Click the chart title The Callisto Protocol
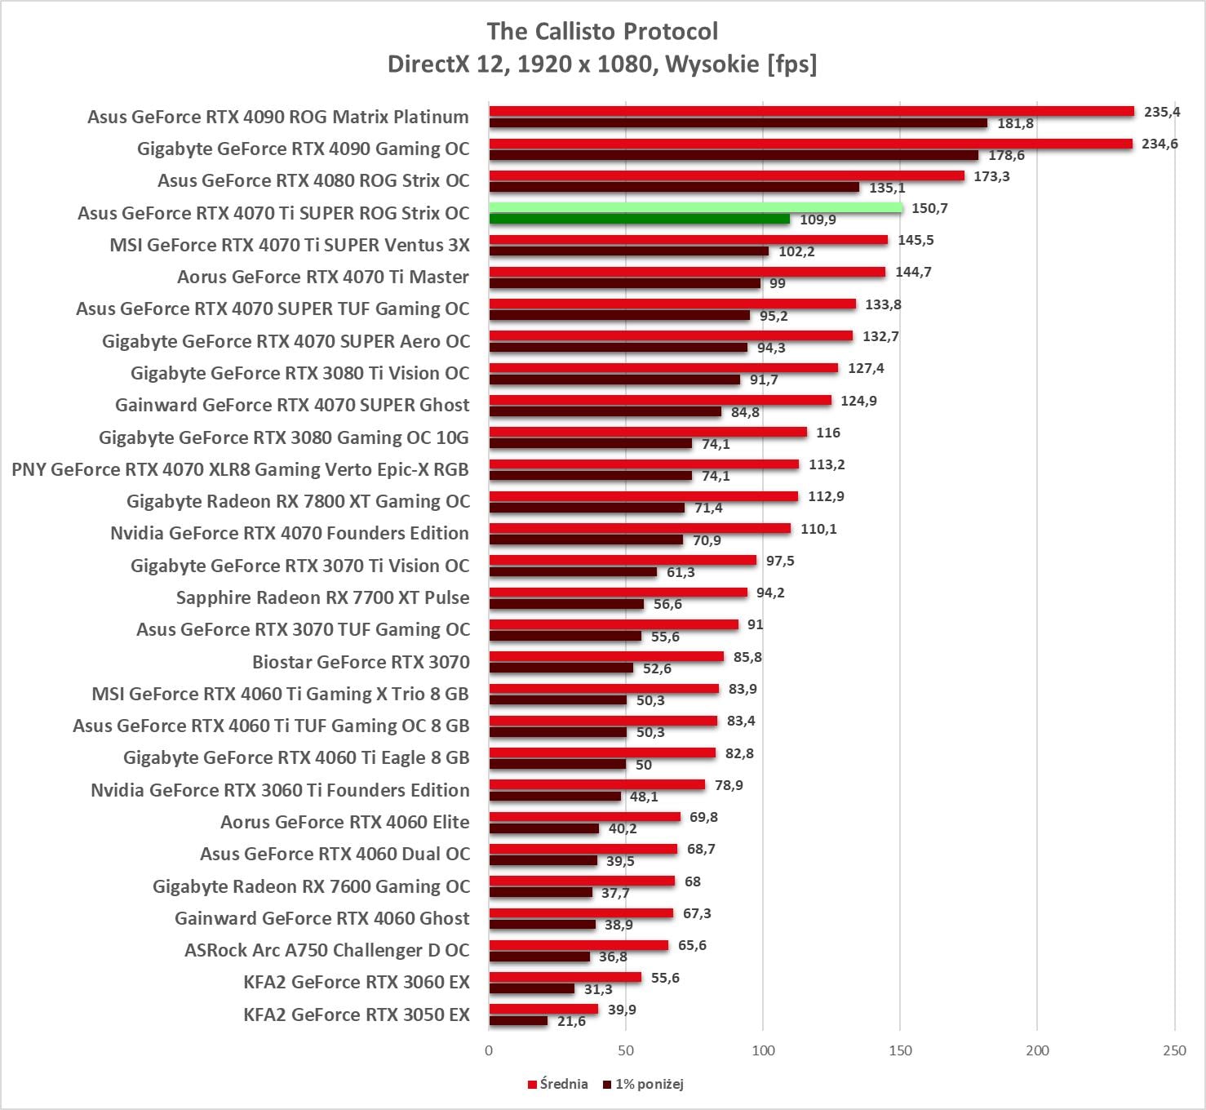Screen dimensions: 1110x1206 coord(602,31)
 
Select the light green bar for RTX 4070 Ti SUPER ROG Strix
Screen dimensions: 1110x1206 coord(695,208)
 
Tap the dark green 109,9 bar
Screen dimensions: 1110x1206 coord(639,220)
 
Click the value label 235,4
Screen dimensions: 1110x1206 coord(1162,112)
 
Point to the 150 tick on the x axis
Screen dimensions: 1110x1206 coord(900,1050)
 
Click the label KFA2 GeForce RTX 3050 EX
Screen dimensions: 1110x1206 coord(357,1015)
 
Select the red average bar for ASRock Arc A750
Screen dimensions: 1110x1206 coord(579,945)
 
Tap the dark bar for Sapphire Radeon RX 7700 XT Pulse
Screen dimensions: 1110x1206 coord(566,604)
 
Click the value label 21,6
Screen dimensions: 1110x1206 coord(571,1021)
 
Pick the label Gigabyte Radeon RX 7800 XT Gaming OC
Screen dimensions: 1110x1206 coord(298,501)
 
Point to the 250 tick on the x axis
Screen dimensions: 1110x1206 coord(1174,1050)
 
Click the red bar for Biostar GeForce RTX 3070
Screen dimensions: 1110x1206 coord(606,657)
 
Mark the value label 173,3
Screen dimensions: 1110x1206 coord(991,176)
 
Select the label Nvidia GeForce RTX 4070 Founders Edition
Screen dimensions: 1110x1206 coord(290,533)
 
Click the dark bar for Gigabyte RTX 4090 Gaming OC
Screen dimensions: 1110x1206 coord(733,155)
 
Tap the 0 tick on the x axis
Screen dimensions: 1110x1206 coord(489,1050)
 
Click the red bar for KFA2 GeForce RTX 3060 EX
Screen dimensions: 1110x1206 coord(565,977)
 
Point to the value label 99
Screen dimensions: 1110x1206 coord(778,283)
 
